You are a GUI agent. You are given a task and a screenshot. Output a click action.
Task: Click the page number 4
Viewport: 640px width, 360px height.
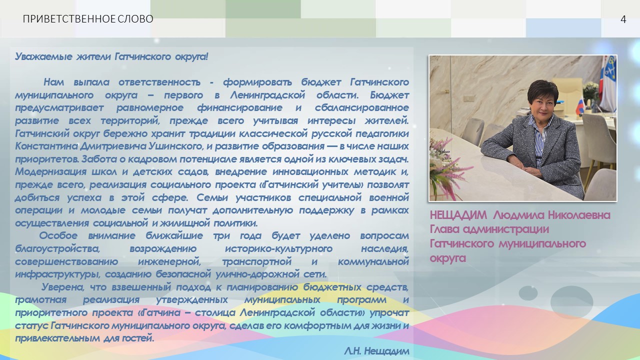(623, 19)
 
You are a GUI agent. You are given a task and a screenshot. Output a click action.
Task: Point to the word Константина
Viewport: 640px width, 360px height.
(46, 146)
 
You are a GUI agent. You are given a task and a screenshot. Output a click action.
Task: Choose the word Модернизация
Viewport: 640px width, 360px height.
(50, 171)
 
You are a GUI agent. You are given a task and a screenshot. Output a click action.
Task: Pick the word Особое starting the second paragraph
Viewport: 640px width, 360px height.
(58, 235)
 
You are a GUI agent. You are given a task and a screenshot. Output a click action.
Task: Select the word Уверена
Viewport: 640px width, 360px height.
(63, 287)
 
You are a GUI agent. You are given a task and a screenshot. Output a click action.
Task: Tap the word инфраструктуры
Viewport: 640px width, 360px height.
(57, 274)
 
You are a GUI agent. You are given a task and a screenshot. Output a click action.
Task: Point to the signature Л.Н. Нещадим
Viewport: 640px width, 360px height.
(376, 351)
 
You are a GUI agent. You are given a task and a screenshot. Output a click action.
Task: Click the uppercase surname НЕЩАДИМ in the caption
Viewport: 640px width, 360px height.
(458, 215)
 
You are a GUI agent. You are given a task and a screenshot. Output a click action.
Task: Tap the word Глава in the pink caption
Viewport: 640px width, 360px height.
(444, 229)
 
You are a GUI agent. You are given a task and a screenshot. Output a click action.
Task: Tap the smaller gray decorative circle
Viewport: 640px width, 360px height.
(528, 293)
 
